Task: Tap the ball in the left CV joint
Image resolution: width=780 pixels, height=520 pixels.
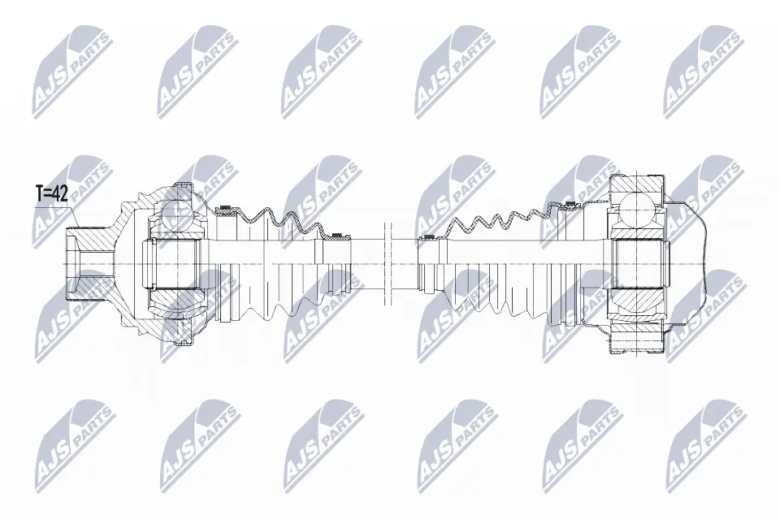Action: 175,213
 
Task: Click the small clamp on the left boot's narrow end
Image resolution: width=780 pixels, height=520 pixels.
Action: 334,237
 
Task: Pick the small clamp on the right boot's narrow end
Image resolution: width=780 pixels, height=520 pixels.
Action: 425,238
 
